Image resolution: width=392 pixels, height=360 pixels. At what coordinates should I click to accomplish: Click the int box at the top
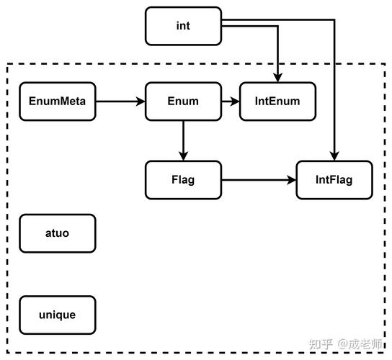[183, 26]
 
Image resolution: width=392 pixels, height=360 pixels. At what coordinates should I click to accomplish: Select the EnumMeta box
[57, 102]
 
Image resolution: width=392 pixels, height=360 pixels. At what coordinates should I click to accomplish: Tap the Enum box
[183, 102]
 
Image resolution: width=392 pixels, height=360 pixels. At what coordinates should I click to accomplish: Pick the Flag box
[183, 180]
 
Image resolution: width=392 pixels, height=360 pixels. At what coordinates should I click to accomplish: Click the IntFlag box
[334, 180]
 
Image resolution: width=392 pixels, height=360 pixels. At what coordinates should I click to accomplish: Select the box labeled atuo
[57, 233]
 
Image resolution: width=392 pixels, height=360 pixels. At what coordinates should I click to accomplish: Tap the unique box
[57, 315]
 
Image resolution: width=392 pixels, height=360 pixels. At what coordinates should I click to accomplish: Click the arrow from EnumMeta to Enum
[120, 102]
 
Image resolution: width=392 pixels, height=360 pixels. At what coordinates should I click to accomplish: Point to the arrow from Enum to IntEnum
[230, 102]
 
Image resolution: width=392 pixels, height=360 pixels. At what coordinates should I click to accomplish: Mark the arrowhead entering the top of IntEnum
[277, 78]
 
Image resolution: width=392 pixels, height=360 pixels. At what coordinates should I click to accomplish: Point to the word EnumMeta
[57, 102]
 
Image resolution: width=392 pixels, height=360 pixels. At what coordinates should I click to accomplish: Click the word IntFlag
[334, 180]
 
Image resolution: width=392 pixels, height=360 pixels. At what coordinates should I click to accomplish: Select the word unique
[57, 315]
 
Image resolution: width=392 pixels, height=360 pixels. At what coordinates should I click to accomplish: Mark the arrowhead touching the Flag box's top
[183, 156]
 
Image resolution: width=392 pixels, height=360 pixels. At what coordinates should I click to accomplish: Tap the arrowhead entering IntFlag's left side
[292, 180]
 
